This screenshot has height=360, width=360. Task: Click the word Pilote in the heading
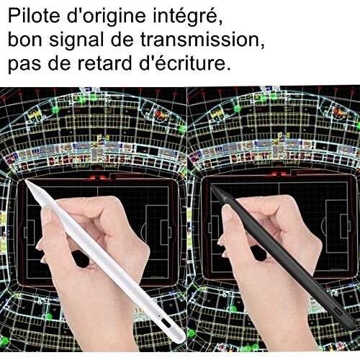coord(34,16)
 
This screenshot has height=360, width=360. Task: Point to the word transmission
coord(202,40)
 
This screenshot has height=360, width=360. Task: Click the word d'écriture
coord(183,63)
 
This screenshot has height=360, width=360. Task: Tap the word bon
coord(25,40)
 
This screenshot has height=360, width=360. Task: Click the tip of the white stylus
coord(26,180)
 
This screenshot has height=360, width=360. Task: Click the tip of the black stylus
coord(211,186)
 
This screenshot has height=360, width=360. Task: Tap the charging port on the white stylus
coord(166,323)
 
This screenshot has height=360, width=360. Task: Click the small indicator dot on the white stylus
coord(158,314)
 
